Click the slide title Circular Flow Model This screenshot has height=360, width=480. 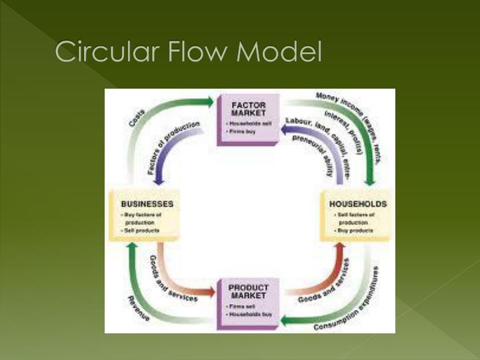pos(188,51)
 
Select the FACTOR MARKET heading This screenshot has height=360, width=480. pos(248,109)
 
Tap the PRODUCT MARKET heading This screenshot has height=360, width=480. pos(248,292)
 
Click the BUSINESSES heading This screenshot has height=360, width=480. pos(147,204)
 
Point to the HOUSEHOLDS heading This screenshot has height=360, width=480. pos(358,204)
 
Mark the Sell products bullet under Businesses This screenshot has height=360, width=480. pos(144,230)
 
